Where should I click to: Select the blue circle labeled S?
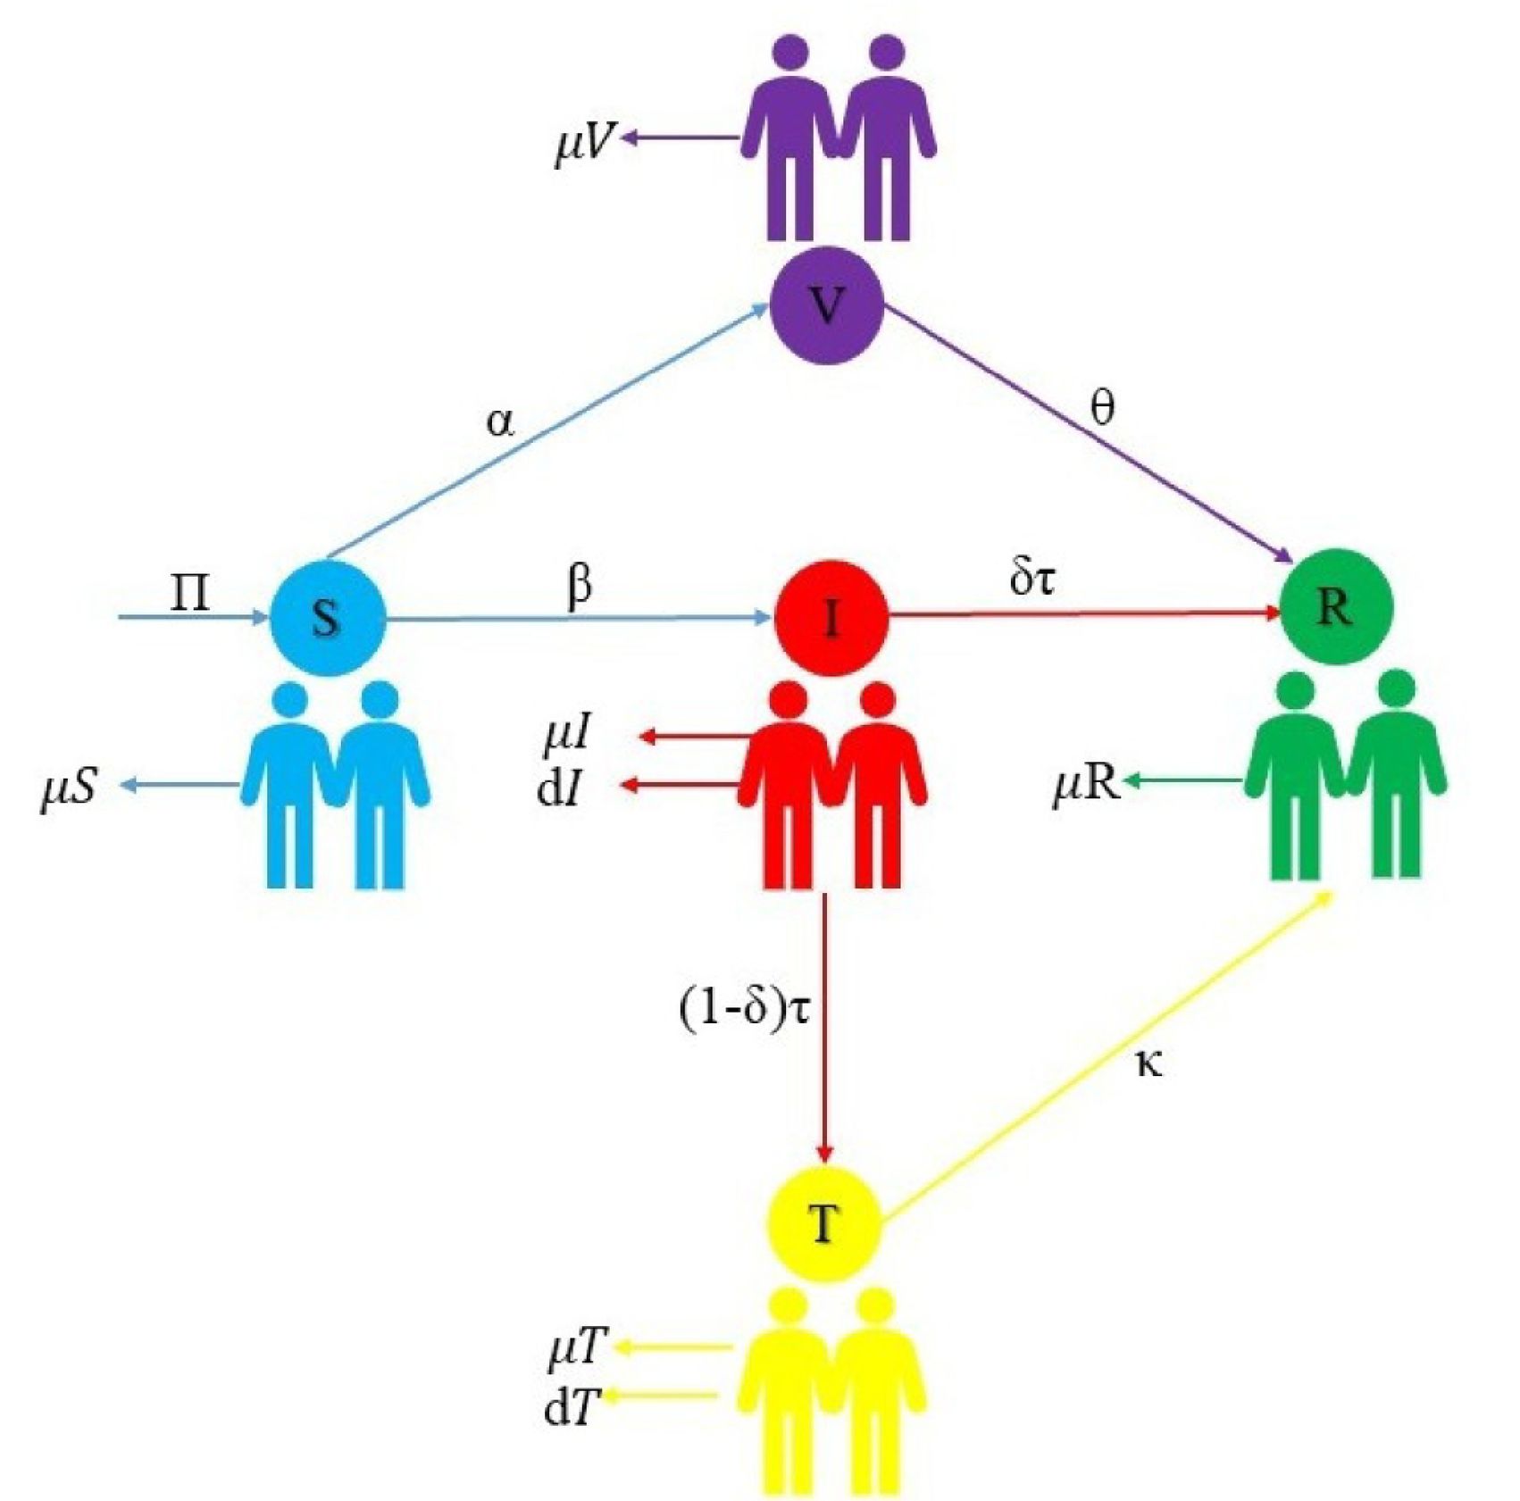328,618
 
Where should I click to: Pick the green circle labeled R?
1336,608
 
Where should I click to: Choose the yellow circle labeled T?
824,1225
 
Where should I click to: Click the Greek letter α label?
501,421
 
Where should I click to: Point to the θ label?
1104,410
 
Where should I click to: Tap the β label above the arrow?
580,586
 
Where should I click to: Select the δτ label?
1032,578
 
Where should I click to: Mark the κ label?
1149,1063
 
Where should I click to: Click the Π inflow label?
190,592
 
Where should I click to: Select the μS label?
69,790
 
